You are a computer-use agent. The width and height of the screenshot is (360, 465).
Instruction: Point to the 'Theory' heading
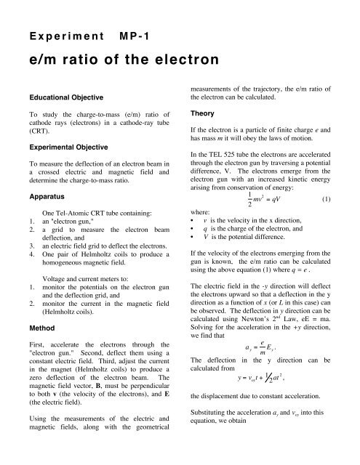click(x=201, y=113)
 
